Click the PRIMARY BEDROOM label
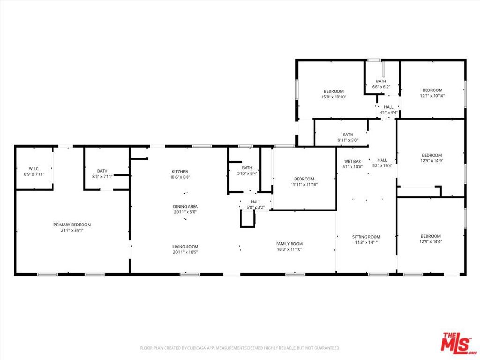coord(72,225)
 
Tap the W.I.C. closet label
coord(34,169)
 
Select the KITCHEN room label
coord(180,172)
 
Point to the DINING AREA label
coord(186,206)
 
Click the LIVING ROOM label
coord(186,247)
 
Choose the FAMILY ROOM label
coord(289,244)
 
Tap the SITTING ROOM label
coord(366,237)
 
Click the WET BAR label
coord(352,161)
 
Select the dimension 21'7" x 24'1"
coord(72,230)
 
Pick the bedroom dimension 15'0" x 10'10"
coord(333,97)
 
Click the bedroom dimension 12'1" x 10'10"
coord(432,96)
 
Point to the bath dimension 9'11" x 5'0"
coord(348,140)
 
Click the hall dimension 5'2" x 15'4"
coord(382,165)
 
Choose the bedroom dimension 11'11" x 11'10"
coord(304,184)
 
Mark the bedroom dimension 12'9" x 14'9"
coord(431,161)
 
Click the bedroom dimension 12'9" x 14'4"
coord(430,241)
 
